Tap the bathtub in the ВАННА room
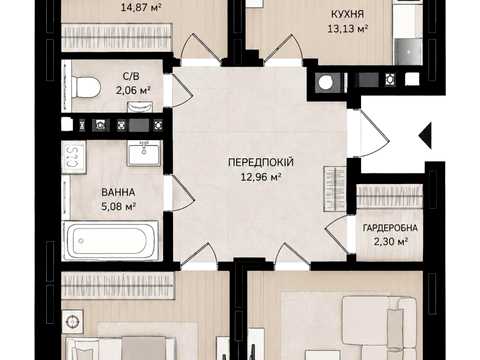coord(111,240)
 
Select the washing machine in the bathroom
coord(74,157)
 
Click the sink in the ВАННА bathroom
coord(144,153)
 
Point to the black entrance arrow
coord(425,135)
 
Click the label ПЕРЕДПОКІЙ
coord(261,162)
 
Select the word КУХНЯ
coord(347,14)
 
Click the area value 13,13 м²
coord(347,29)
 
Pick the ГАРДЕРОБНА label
coord(390,228)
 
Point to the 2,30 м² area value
coord(390,241)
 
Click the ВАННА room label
coord(118,192)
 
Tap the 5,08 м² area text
coord(118,207)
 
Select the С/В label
coord(131,76)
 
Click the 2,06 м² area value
coord(133,90)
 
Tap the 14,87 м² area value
coord(141,7)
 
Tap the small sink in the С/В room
coord(140,107)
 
